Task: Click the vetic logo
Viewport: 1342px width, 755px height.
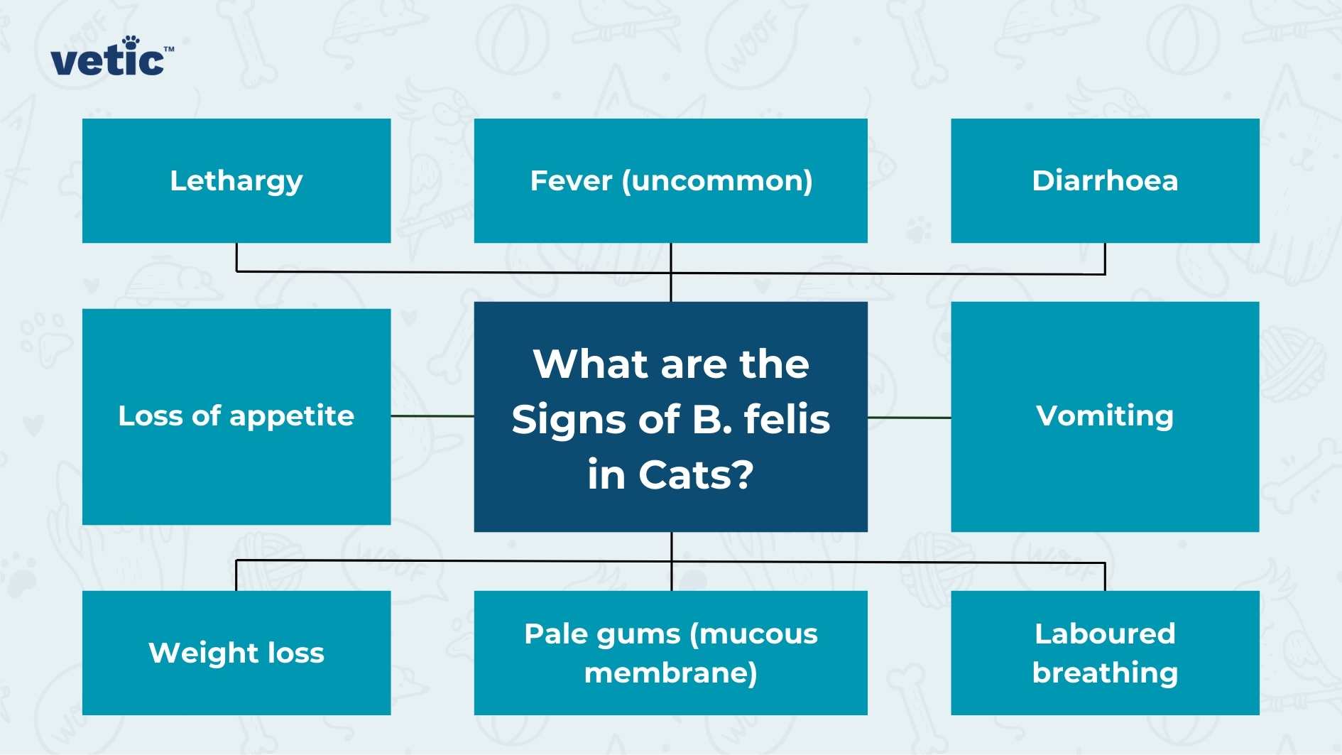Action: point(111,58)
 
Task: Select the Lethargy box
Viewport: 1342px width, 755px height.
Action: point(236,180)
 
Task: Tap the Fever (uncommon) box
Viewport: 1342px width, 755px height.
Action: point(670,180)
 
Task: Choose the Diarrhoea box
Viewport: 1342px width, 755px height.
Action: point(1105,180)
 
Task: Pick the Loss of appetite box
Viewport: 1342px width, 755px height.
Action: point(236,416)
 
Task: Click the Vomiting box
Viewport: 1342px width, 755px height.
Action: point(1105,416)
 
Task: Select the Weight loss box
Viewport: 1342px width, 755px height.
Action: point(236,653)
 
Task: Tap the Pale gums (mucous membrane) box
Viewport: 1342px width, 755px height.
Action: point(670,653)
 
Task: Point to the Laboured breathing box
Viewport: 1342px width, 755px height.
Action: point(1105,653)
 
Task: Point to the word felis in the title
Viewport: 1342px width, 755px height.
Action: point(787,419)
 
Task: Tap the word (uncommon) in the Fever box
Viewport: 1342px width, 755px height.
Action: point(717,181)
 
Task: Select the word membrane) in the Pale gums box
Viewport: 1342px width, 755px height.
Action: point(670,673)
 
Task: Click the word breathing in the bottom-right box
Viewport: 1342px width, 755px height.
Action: point(1105,673)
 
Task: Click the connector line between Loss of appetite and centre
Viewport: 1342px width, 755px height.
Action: point(432,415)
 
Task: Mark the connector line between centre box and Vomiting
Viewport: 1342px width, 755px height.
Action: point(909,418)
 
